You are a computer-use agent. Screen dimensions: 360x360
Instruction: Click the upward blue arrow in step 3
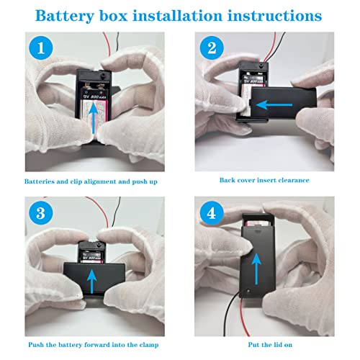90,279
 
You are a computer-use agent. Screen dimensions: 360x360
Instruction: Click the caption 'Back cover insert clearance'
264,180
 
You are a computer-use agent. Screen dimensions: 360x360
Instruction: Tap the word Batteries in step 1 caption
42,181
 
